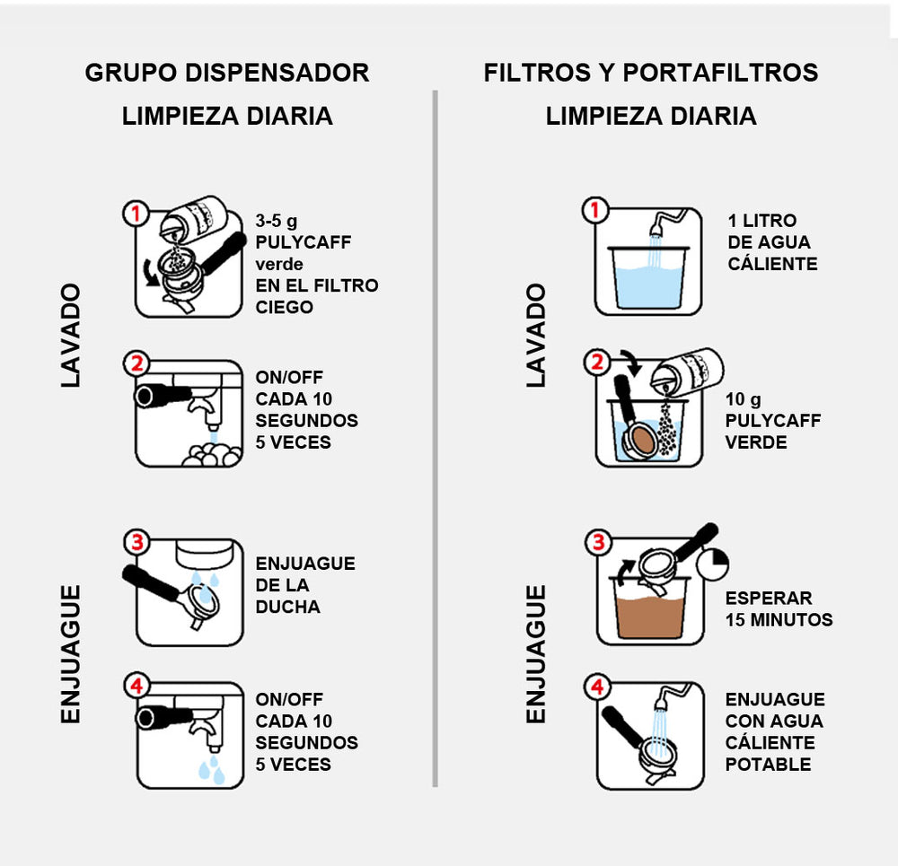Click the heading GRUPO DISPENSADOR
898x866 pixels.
coord(227,73)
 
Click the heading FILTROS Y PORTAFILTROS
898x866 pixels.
coord(651,73)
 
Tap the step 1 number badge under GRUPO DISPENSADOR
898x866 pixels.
coord(136,214)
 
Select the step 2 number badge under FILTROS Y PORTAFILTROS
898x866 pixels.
coord(596,363)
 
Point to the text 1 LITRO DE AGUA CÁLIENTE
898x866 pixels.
coord(772,242)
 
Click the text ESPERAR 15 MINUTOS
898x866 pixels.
coord(779,608)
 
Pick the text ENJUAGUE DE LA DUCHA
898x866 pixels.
coord(305,585)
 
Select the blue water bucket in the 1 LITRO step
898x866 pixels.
coord(649,278)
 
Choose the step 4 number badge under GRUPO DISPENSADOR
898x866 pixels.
coord(136,687)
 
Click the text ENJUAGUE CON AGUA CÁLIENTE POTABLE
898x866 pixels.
coord(774,731)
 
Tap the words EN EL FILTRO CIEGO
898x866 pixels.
coord(316,296)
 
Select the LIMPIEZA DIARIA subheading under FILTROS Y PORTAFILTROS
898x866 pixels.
coord(651,116)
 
